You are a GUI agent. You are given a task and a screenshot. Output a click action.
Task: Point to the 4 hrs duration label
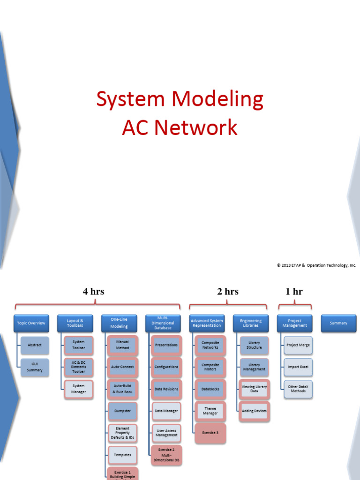(x=94, y=292)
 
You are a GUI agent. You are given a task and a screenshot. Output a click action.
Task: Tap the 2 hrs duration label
(x=228, y=292)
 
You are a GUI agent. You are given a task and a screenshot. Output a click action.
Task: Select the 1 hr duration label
(x=294, y=292)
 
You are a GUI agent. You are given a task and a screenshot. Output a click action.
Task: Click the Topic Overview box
(x=31, y=323)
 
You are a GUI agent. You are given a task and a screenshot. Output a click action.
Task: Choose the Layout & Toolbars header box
(x=75, y=323)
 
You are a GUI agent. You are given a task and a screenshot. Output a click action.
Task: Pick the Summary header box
(x=338, y=323)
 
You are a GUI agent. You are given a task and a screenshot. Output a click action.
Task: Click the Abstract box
(x=35, y=345)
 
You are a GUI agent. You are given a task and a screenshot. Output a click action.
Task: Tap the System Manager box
(x=79, y=389)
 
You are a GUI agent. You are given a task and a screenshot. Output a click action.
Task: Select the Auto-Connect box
(x=122, y=367)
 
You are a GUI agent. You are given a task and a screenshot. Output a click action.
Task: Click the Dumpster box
(x=122, y=411)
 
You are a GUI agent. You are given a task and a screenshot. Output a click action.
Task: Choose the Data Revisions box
(x=166, y=389)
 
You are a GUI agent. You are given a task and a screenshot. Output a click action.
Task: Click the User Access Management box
(x=166, y=433)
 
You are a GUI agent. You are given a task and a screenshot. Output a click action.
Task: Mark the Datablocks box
(x=210, y=389)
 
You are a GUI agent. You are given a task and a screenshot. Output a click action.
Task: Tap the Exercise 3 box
(x=210, y=433)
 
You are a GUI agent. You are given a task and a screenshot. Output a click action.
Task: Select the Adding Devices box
(x=254, y=411)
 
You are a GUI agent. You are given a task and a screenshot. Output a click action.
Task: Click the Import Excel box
(x=298, y=367)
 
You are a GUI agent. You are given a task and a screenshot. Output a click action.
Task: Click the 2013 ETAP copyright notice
(x=316, y=265)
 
